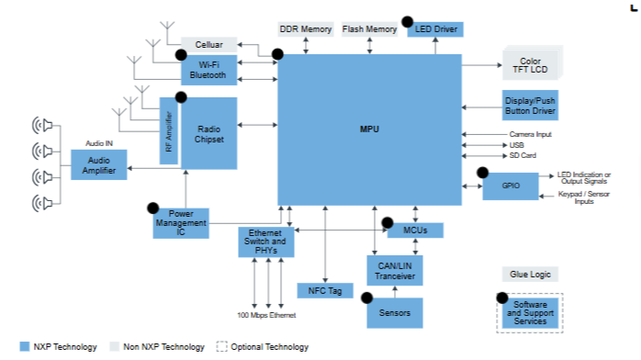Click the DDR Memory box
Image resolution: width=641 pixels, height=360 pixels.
(306, 29)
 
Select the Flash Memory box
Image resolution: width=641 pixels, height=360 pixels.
(369, 29)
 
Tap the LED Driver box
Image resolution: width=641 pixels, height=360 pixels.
(435, 29)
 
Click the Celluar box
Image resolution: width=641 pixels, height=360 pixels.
(208, 44)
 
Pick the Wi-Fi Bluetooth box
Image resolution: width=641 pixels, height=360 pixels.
(208, 70)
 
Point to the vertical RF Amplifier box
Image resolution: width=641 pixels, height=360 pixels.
(168, 130)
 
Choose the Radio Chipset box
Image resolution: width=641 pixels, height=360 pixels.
(208, 133)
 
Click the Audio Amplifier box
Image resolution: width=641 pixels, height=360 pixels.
(99, 165)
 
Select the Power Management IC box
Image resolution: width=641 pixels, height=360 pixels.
(181, 223)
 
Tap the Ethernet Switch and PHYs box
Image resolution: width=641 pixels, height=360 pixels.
(266, 242)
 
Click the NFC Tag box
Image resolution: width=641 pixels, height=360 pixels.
(325, 290)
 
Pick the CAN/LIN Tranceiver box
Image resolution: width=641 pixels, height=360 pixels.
(395, 271)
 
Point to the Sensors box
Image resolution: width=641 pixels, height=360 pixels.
(395, 313)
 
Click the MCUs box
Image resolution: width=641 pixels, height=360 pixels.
(415, 231)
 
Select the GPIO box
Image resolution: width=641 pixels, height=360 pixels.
(511, 186)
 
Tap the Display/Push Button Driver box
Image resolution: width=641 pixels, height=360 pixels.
(530, 106)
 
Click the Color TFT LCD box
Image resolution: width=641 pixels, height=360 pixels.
(530, 65)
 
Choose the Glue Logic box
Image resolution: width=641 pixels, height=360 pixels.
(530, 275)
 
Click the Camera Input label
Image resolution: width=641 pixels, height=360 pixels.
(530, 134)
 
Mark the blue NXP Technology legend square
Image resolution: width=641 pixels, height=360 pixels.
(25, 346)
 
